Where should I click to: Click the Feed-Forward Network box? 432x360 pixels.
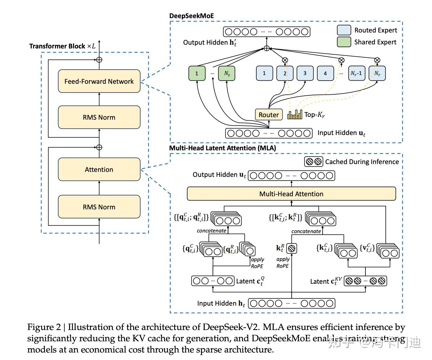(99, 81)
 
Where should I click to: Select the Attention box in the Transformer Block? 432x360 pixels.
(99, 169)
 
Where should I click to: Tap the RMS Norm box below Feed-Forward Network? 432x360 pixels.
(99, 117)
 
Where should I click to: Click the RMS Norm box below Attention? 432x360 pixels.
(99, 207)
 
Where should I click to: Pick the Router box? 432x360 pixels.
(269, 115)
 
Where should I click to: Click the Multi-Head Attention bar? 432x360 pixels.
(291, 194)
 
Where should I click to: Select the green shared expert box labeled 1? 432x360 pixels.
(197, 73)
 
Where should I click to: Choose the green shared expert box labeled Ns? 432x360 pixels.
(227, 73)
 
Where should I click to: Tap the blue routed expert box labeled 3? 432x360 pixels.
(305, 73)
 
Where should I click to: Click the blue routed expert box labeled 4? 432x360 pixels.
(325, 73)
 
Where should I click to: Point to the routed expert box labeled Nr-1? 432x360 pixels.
(357, 73)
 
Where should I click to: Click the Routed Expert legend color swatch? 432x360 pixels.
(344, 30)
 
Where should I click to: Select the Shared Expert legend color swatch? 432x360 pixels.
(344, 42)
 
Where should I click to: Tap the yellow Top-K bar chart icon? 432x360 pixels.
(295, 115)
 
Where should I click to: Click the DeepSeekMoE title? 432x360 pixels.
(191, 16)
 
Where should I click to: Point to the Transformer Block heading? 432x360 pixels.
(62, 46)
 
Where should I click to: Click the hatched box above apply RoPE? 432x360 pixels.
(292, 248)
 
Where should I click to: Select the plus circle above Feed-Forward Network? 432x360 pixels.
(99, 60)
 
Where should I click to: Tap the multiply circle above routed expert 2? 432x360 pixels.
(285, 60)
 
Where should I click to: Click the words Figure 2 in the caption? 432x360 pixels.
(44, 327)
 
